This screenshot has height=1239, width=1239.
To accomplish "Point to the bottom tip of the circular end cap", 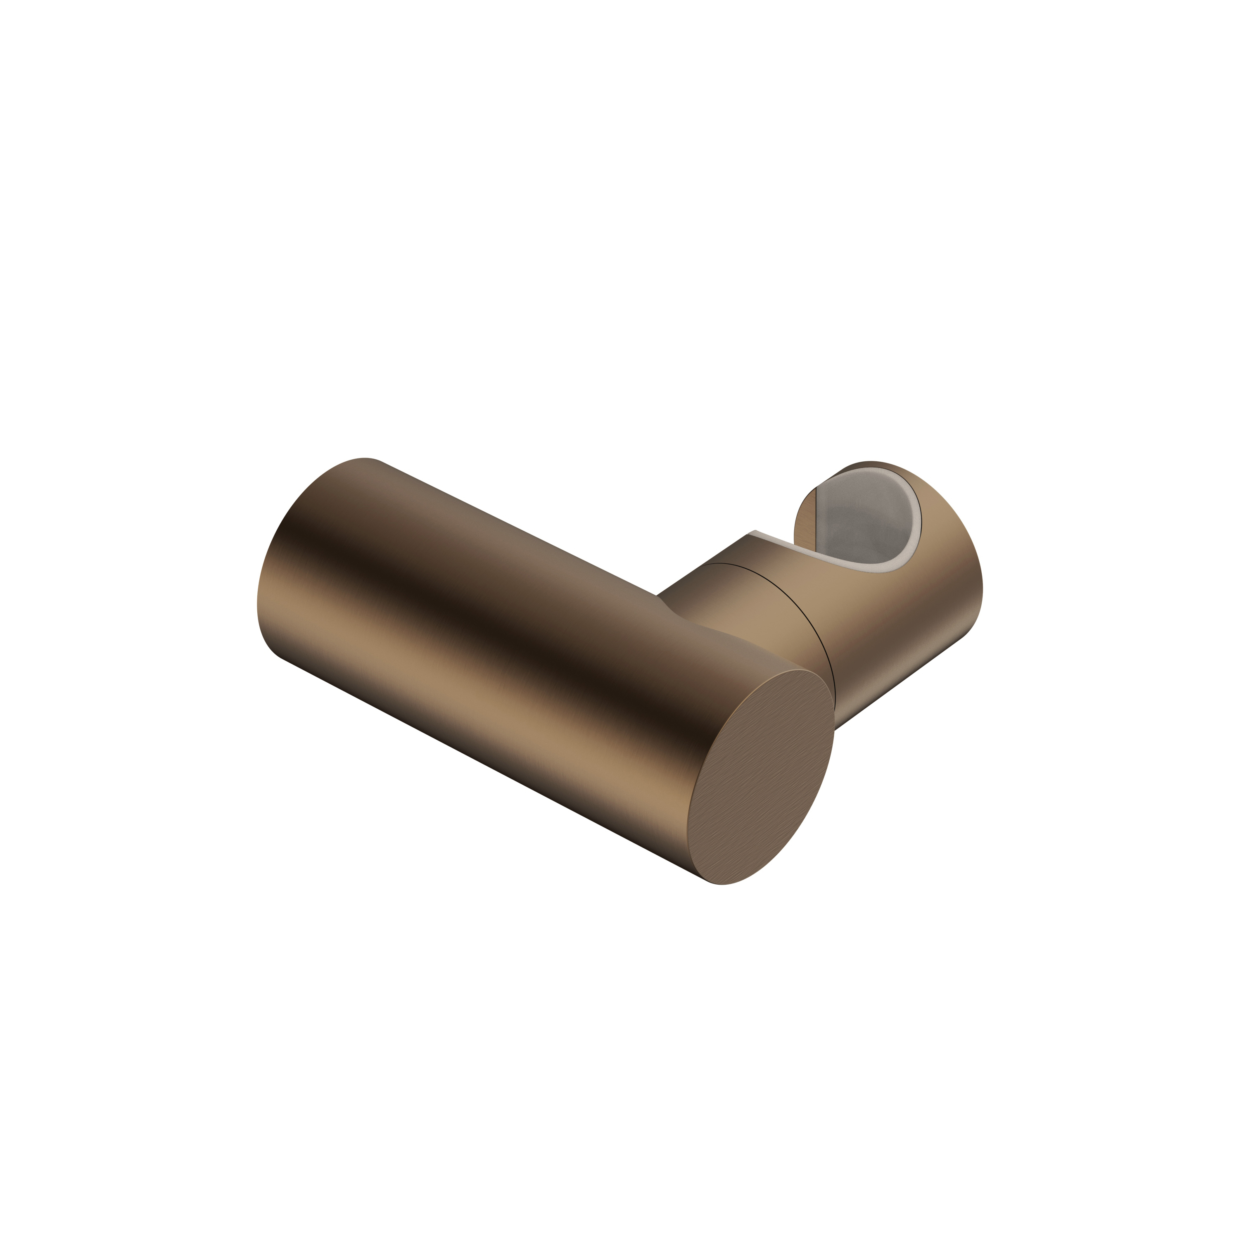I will [x=722, y=884].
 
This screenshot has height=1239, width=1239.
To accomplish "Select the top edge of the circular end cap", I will [x=802, y=670].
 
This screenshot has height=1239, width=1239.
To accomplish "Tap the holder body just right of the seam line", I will [x=847, y=616].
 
